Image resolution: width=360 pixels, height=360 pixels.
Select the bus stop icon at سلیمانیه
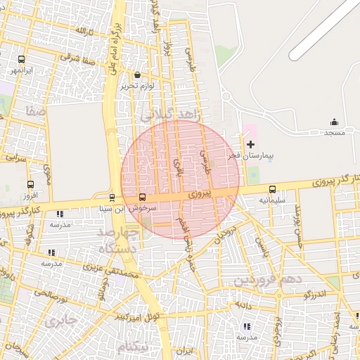[x=272, y=189]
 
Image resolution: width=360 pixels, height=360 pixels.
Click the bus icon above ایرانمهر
[x=21, y=60]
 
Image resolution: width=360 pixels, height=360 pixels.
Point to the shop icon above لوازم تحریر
[x=137, y=75]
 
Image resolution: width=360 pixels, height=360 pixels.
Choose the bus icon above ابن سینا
[x=112, y=198]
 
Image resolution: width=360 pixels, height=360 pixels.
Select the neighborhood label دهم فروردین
[x=268, y=280]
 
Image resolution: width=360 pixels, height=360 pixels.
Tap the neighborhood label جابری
[x=60, y=322]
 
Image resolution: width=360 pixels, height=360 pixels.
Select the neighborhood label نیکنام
[x=134, y=347]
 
